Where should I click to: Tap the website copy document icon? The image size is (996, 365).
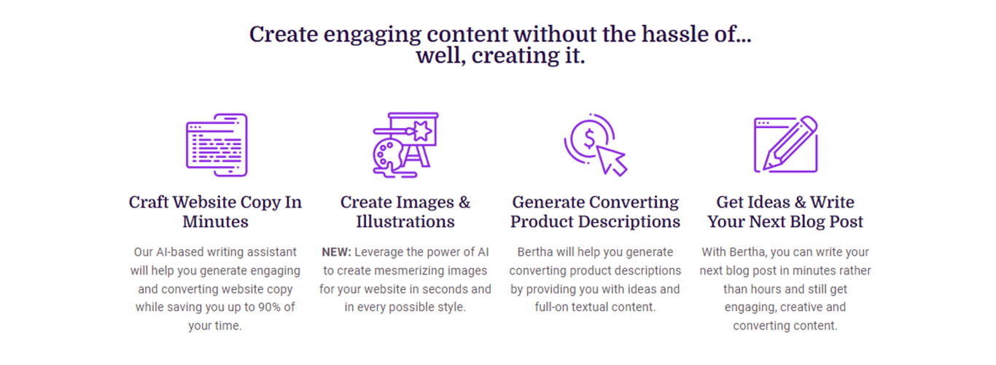click(x=217, y=145)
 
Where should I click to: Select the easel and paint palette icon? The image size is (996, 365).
click(x=405, y=145)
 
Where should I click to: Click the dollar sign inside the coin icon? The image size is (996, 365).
click(x=589, y=138)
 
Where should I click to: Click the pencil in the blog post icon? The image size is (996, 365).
click(x=790, y=143)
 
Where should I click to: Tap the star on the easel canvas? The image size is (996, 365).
click(x=421, y=130)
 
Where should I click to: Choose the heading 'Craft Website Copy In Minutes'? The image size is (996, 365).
click(x=215, y=212)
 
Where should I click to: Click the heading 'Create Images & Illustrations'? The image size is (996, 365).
click(x=405, y=212)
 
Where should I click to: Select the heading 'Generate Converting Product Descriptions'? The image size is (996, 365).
click(x=596, y=212)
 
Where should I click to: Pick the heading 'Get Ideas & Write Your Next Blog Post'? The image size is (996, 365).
click(x=785, y=212)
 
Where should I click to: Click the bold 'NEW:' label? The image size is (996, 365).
click(x=337, y=252)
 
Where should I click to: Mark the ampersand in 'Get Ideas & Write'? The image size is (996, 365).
click(x=801, y=203)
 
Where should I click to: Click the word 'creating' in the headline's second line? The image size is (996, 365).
click(x=515, y=55)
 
